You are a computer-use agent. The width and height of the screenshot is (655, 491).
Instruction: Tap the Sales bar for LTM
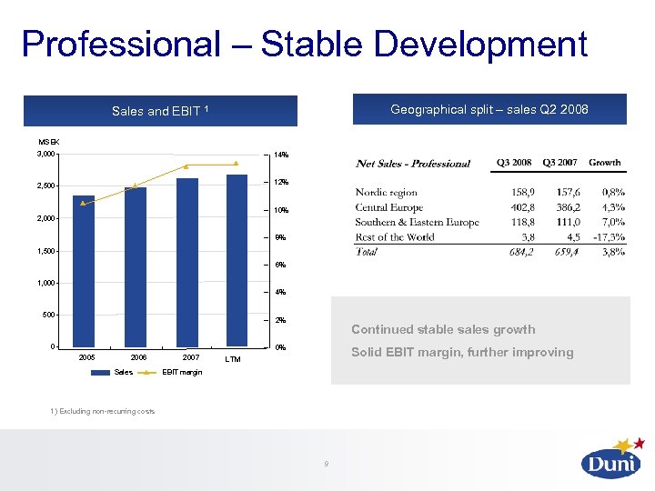237,260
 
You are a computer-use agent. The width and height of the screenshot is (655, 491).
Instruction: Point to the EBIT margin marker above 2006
135,185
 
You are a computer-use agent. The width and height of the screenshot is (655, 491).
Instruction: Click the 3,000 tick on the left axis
46,155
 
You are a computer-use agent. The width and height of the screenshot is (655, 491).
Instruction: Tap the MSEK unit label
48,141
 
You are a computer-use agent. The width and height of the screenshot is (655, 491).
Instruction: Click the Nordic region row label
387,193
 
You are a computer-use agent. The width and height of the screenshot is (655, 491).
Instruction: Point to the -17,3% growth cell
605,236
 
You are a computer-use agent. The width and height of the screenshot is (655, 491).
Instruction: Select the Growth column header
605,163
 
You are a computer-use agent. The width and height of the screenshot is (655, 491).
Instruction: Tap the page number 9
326,465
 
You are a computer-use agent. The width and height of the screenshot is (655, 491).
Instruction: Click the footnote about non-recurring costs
103,412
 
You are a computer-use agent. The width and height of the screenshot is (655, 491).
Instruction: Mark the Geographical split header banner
489,110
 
